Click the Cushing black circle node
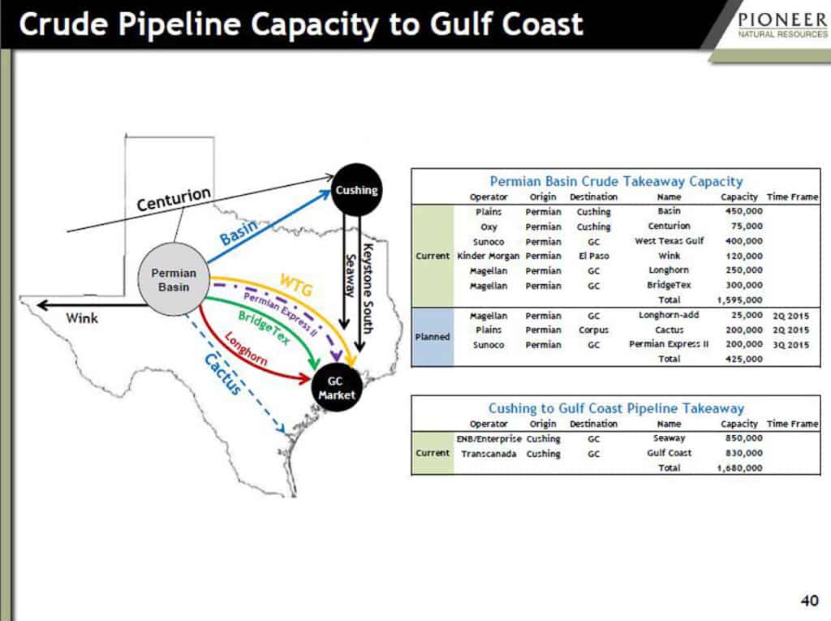pyautogui.click(x=357, y=189)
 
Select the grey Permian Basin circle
pyautogui.click(x=174, y=279)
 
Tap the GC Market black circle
pyautogui.click(x=336, y=388)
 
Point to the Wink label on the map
pyautogui.click(x=82, y=318)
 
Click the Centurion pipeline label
pyautogui.click(x=174, y=199)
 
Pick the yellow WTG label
pyautogui.click(x=296, y=285)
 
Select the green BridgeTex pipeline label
pyautogui.click(x=264, y=327)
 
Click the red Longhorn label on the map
pyautogui.click(x=245, y=348)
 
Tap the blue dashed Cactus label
pyautogui.click(x=223, y=374)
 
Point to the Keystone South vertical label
pyautogui.click(x=368, y=288)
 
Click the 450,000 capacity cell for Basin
pyautogui.click(x=744, y=211)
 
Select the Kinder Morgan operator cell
pyautogui.click(x=488, y=257)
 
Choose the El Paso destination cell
pyautogui.click(x=593, y=257)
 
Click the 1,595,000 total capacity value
pyautogui.click(x=740, y=300)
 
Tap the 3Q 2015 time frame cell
pyautogui.click(x=790, y=345)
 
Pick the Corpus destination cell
pyautogui.click(x=593, y=330)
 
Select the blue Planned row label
pyautogui.click(x=433, y=337)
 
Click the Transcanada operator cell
pyautogui.click(x=489, y=454)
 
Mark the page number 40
pyautogui.click(x=809, y=601)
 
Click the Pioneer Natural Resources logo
pyautogui.click(x=782, y=25)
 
